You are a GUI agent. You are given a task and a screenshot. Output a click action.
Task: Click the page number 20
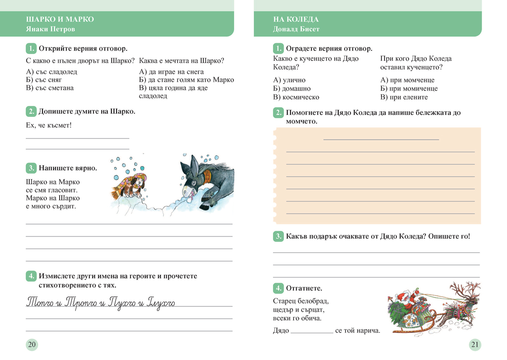(x=32, y=344)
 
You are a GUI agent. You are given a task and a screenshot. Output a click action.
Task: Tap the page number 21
(x=475, y=344)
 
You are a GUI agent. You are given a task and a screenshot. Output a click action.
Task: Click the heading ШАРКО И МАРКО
(x=60, y=19)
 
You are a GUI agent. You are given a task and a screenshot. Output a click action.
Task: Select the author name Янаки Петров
(x=51, y=29)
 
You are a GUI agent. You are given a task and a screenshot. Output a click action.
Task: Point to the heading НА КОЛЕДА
(x=296, y=19)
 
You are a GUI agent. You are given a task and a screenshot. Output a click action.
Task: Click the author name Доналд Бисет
(x=297, y=29)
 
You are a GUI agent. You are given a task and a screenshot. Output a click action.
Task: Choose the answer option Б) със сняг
(x=44, y=80)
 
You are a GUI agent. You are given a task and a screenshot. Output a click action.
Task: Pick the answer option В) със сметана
(x=50, y=88)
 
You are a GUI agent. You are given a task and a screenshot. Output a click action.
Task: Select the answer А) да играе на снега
(x=171, y=72)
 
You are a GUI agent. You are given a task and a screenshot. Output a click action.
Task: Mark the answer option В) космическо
(x=296, y=97)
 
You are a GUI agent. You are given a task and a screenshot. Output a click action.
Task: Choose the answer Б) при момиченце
(x=409, y=89)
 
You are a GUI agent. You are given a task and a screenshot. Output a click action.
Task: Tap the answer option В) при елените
(x=404, y=97)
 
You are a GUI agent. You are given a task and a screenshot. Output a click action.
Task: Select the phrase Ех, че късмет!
(x=49, y=125)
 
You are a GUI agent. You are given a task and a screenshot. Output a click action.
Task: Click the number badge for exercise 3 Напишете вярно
(x=31, y=168)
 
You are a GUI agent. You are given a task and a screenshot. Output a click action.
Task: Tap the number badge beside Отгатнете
(x=278, y=288)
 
